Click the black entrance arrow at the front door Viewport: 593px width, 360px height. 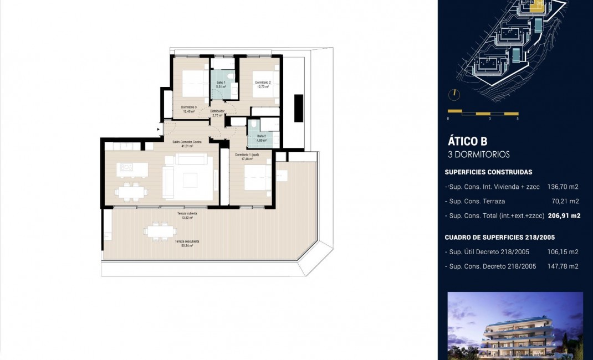[159, 130]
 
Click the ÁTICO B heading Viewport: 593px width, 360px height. [467, 141]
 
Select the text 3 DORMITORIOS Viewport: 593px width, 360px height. [478, 155]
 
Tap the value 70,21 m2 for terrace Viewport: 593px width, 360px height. [566, 201]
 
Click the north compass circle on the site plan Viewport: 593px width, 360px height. [454, 95]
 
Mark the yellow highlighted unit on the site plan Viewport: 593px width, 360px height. [536, 7]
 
